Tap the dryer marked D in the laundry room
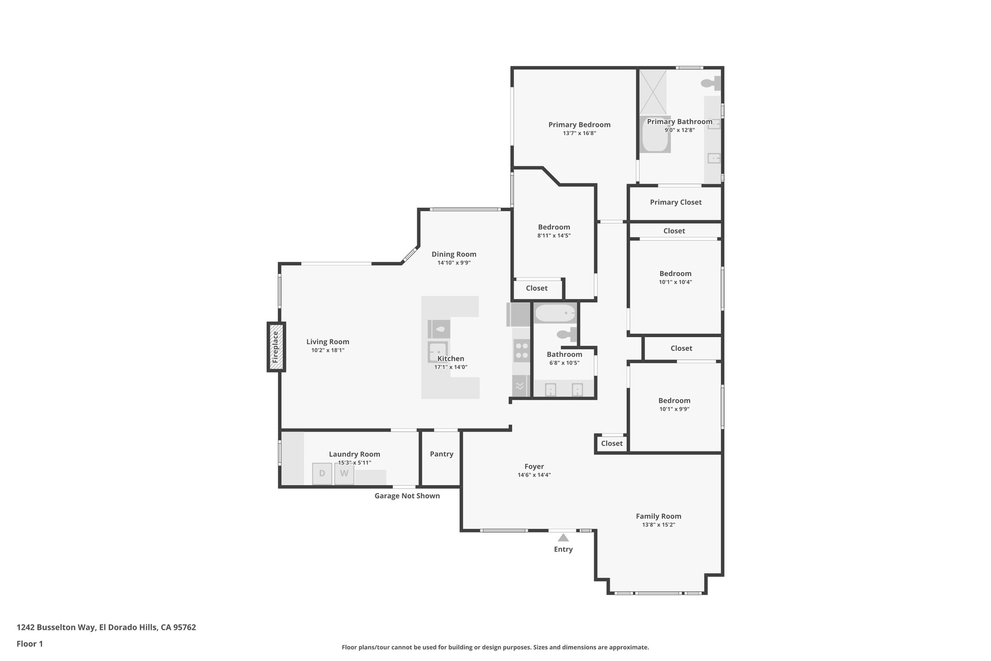[x=322, y=474]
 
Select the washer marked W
[x=344, y=474]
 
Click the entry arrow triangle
[x=563, y=538]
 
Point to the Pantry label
[x=441, y=454]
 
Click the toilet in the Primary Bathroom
[x=711, y=83]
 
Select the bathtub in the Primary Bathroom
[x=655, y=135]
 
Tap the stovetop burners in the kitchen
[x=522, y=351]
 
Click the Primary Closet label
[x=676, y=202]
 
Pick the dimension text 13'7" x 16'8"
[x=579, y=133]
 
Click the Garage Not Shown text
[x=407, y=496]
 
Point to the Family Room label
[x=658, y=516]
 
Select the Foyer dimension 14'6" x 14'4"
[x=534, y=475]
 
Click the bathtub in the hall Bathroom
[x=555, y=313]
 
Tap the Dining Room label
[x=454, y=254]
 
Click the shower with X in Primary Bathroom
[x=653, y=92]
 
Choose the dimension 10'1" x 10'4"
[x=675, y=282]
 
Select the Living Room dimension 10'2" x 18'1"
[x=328, y=350]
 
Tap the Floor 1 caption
[x=30, y=644]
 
